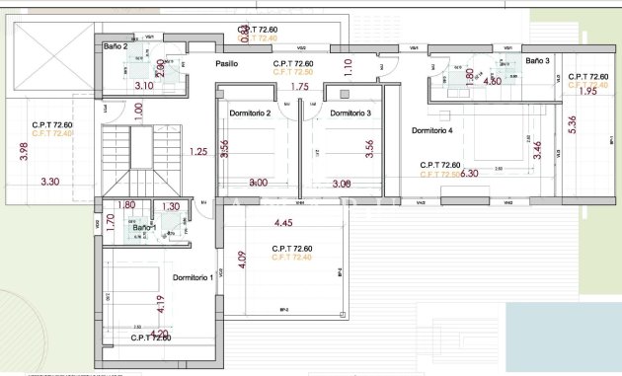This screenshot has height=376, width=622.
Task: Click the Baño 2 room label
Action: (117, 45)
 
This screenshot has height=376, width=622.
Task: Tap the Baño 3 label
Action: (537, 60)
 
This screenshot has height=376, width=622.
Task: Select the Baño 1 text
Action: (144, 227)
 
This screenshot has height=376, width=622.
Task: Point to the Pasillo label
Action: (229, 64)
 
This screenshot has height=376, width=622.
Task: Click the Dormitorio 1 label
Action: (193, 278)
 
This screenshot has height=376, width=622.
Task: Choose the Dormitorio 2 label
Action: (250, 113)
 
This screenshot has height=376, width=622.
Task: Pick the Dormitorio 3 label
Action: (350, 113)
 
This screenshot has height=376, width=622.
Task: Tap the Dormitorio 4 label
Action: (431, 130)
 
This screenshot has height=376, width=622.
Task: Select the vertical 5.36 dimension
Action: (573, 127)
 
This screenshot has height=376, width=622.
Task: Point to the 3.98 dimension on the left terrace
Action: (24, 152)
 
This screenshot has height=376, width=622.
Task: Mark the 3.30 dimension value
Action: (50, 182)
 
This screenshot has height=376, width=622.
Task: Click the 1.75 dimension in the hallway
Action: (300, 87)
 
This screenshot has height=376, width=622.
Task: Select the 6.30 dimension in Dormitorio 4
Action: (469, 174)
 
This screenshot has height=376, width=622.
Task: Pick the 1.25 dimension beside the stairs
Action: (197, 152)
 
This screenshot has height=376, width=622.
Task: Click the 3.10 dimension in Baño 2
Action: (143, 86)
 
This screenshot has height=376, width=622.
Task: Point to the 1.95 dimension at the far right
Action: (586, 92)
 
